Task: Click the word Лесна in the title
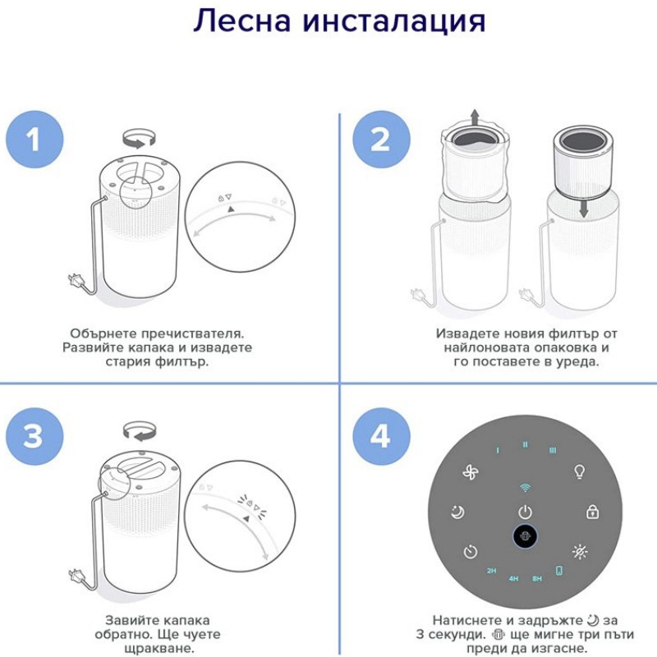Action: pyautogui.click(x=241, y=21)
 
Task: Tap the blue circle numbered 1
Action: pyautogui.click(x=34, y=140)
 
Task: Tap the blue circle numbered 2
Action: pyautogui.click(x=381, y=140)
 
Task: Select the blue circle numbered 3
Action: pyautogui.click(x=34, y=436)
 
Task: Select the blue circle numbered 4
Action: pyautogui.click(x=381, y=436)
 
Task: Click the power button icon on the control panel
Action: pyautogui.click(x=525, y=512)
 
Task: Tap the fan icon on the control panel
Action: pyautogui.click(x=471, y=472)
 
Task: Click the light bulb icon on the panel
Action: pyautogui.click(x=579, y=471)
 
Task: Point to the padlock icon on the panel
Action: pyautogui.click(x=592, y=512)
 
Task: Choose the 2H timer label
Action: pyautogui.click(x=491, y=570)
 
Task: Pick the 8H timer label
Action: pyautogui.click(x=537, y=579)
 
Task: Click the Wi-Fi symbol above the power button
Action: pyautogui.click(x=525, y=487)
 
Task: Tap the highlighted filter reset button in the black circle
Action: pyautogui.click(x=525, y=536)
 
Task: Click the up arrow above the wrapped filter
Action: pyautogui.click(x=475, y=117)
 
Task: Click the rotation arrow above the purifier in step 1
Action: pyautogui.click(x=139, y=138)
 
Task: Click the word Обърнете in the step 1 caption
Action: pyautogui.click(x=103, y=333)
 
